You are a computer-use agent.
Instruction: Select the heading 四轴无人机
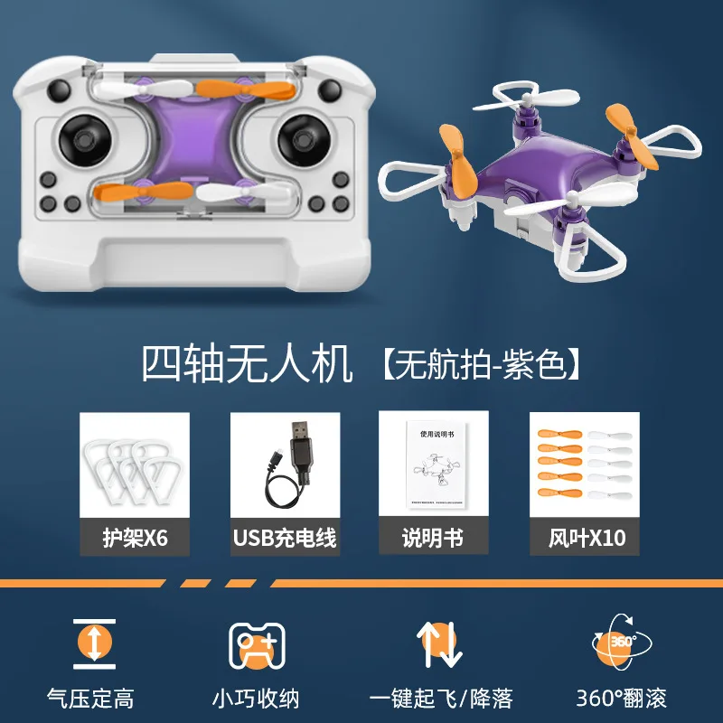point(246,363)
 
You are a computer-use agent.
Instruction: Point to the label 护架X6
point(135,539)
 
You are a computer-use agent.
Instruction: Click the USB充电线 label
point(285,539)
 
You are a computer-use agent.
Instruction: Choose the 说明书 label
point(433,539)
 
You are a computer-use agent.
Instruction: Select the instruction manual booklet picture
point(434,466)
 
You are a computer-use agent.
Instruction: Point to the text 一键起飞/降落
point(442,698)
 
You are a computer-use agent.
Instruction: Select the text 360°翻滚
point(621,698)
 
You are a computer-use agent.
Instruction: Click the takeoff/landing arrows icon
point(439,643)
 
